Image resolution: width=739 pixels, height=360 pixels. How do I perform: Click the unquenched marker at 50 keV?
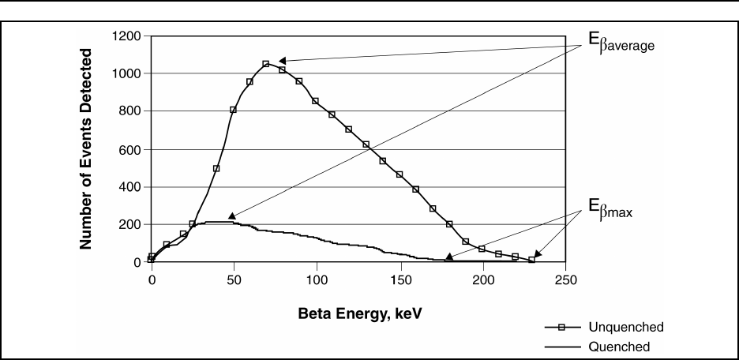click(233, 110)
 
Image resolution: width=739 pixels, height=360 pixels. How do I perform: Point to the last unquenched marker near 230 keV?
click(531, 260)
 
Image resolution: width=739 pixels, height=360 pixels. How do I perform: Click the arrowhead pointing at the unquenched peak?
click(282, 61)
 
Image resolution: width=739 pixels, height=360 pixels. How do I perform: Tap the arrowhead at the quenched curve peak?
click(232, 216)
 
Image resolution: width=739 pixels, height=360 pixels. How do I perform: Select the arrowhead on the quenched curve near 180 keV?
click(449, 257)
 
